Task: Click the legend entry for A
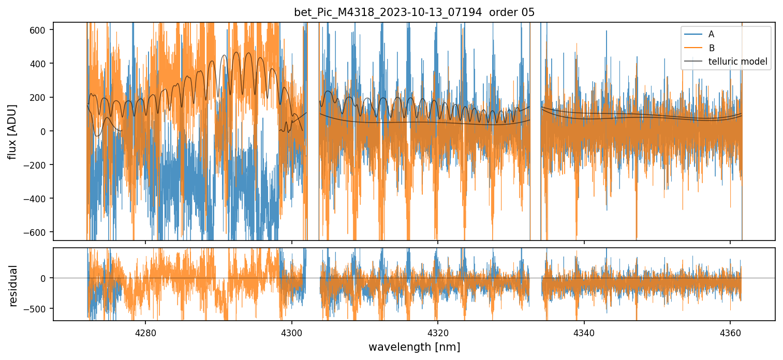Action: (711, 34)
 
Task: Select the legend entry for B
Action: (711, 48)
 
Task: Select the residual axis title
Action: (12, 286)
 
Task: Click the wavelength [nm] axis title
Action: (414, 347)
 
